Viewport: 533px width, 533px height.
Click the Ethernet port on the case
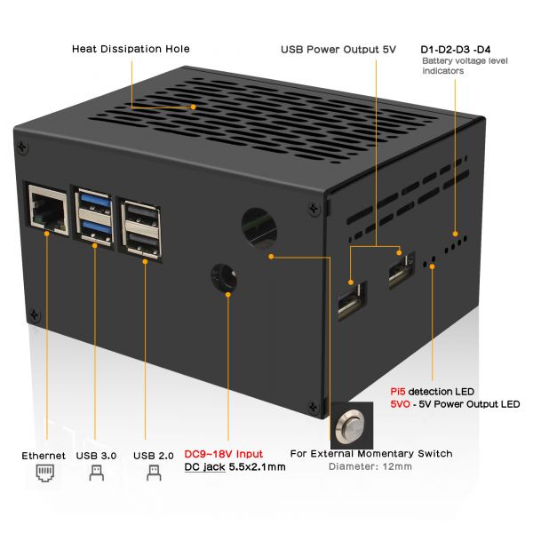coord(48,210)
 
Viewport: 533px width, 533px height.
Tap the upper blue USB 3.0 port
coord(96,201)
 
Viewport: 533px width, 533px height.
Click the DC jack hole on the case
coord(224,276)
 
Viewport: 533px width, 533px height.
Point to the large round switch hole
coord(259,229)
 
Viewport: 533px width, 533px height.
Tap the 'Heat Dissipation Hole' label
coord(131,49)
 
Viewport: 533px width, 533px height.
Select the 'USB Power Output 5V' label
coord(338,50)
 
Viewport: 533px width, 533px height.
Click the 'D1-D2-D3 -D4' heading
coord(456,50)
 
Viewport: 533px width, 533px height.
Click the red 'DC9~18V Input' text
coord(223,454)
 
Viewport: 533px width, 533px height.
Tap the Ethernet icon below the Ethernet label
coord(45,473)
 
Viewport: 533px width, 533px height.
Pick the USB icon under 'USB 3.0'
coord(97,473)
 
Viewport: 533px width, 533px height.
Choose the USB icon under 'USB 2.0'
coord(154,473)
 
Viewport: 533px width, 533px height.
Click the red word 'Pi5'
coord(398,392)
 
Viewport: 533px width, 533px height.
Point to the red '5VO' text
coord(400,404)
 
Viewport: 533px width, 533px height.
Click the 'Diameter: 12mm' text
coord(370,466)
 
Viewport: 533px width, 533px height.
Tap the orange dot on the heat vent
coord(193,107)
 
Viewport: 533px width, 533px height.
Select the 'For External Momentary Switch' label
coord(371,454)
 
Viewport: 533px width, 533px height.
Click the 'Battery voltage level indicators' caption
coord(465,66)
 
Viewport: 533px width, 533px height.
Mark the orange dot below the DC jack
coord(228,295)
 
